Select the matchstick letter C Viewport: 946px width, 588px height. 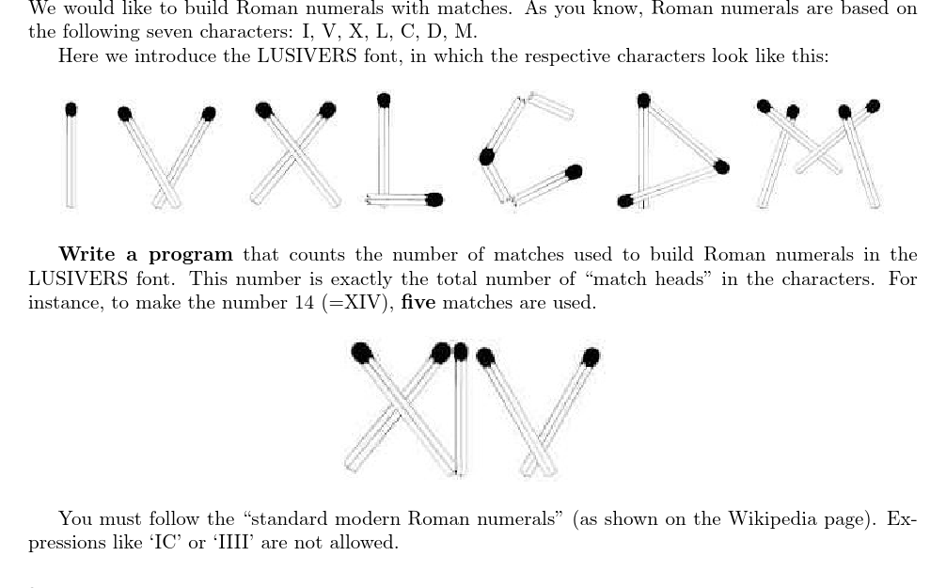tap(527, 151)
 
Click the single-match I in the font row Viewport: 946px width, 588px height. tap(71, 155)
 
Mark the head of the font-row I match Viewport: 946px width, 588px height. tap(71, 109)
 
